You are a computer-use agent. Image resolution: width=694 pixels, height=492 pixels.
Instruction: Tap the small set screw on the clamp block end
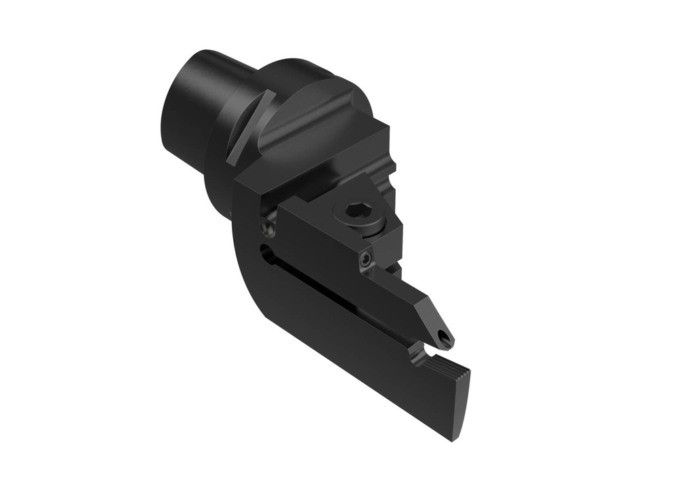click(366, 260)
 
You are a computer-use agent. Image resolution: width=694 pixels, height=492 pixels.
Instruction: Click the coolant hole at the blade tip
click(443, 337)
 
